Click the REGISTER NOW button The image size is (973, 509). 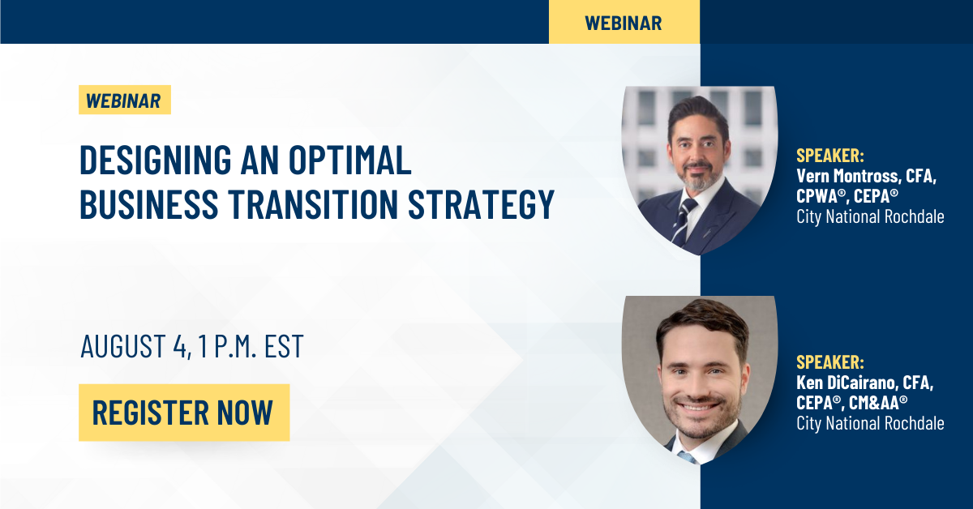pos(184,413)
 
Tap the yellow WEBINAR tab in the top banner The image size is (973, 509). pos(624,22)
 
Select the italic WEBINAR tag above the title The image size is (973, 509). pos(125,100)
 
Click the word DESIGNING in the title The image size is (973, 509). pos(156,160)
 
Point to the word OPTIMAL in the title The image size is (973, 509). pos(350,160)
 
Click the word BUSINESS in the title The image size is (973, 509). pos(149,203)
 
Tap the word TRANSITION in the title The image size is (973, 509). pos(313,203)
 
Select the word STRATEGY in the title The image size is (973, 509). pos(481,203)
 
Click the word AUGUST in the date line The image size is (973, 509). pos(123,346)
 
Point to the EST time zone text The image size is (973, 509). pos(284,346)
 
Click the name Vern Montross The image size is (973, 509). pos(847,175)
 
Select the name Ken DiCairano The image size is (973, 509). pos(846,383)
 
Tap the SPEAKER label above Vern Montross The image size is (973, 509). pos(830,156)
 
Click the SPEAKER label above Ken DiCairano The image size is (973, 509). pos(830,362)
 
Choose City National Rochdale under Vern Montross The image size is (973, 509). pos(870,216)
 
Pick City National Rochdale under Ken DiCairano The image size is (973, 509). pos(870,423)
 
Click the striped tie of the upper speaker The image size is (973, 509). pos(683,221)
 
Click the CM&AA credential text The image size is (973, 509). pos(878,403)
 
